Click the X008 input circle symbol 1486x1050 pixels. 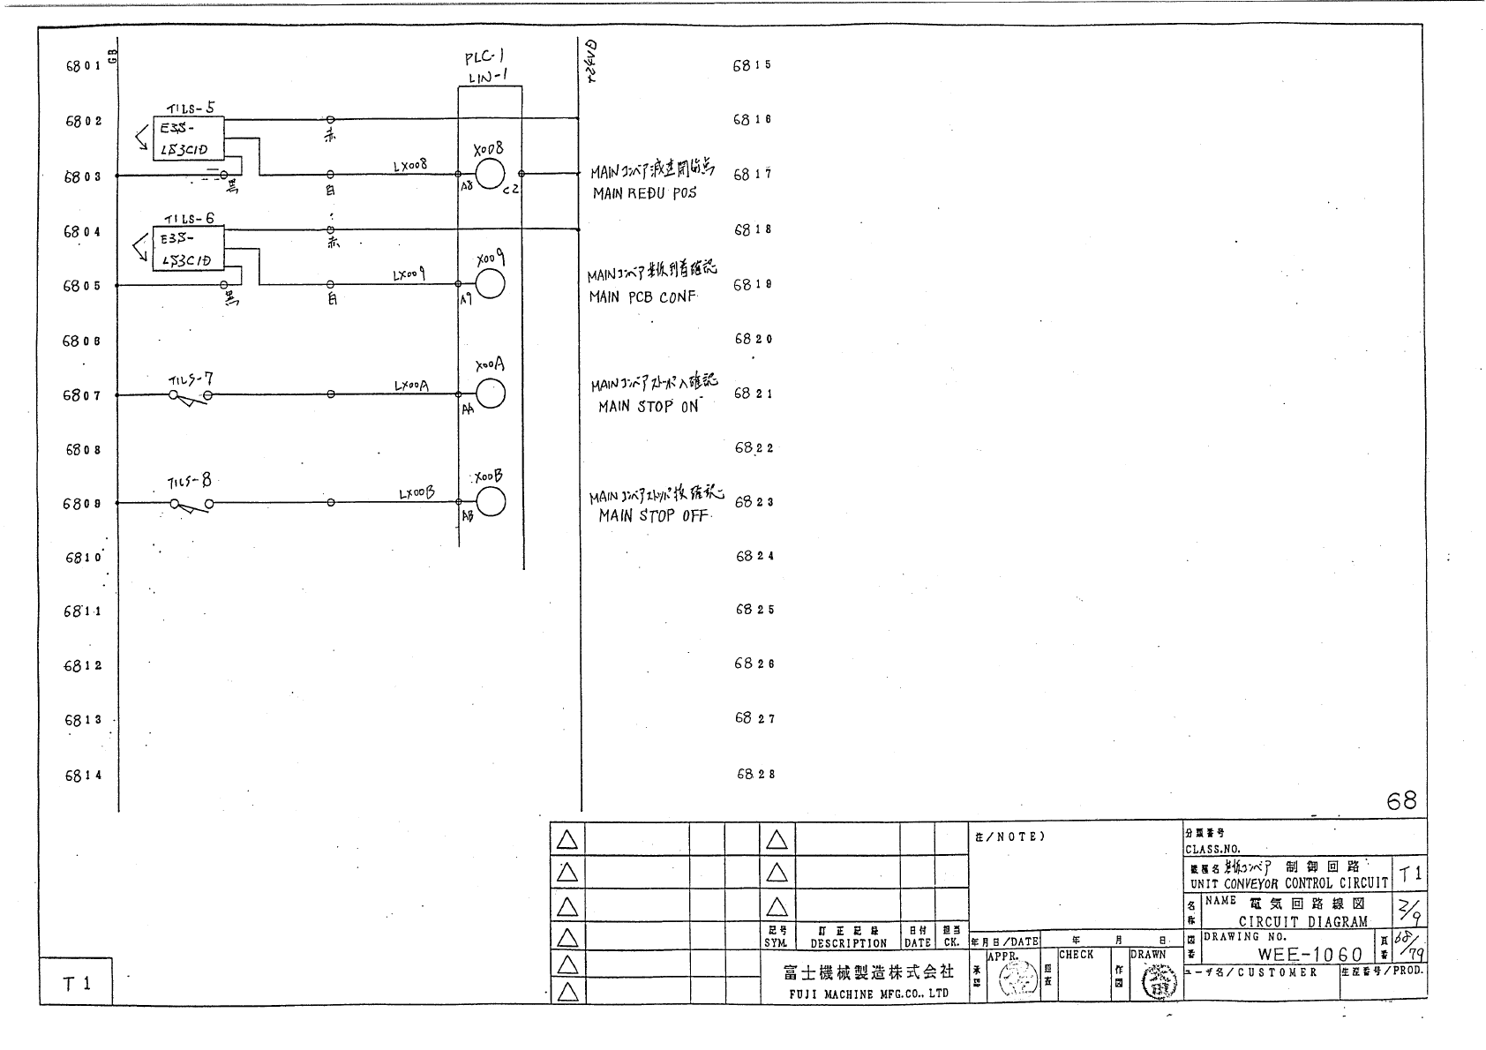pos(490,174)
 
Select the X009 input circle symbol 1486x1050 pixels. pos(490,284)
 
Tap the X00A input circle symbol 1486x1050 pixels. pos(490,394)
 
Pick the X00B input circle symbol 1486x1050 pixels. pos(490,502)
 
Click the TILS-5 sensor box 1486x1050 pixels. pos(187,139)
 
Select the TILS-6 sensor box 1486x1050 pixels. pos(187,249)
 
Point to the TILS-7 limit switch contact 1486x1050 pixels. pos(190,397)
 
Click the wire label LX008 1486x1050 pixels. pos(409,165)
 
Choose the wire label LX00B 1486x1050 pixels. pos(417,494)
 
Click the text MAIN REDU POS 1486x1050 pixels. pos(643,193)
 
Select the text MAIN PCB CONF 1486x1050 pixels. pos(642,297)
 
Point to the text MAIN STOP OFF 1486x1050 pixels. pos(653,515)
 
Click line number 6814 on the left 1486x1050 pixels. pos(83,776)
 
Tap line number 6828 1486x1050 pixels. pos(755,774)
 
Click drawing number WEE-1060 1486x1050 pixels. pos(1310,955)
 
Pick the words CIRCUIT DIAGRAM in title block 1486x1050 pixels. pos(1302,922)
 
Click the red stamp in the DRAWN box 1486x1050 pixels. pos(1159,981)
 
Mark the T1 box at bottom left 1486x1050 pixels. pos(76,982)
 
